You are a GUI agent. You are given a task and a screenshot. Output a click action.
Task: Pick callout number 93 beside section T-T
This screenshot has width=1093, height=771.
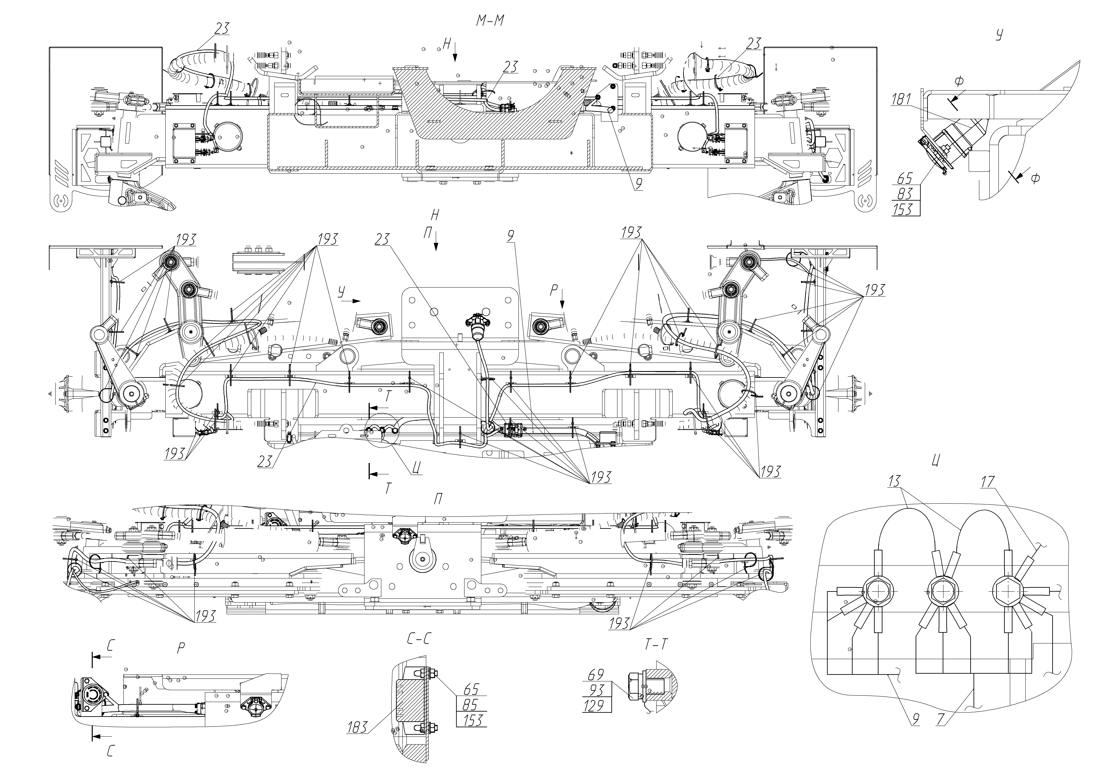[x=596, y=690]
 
